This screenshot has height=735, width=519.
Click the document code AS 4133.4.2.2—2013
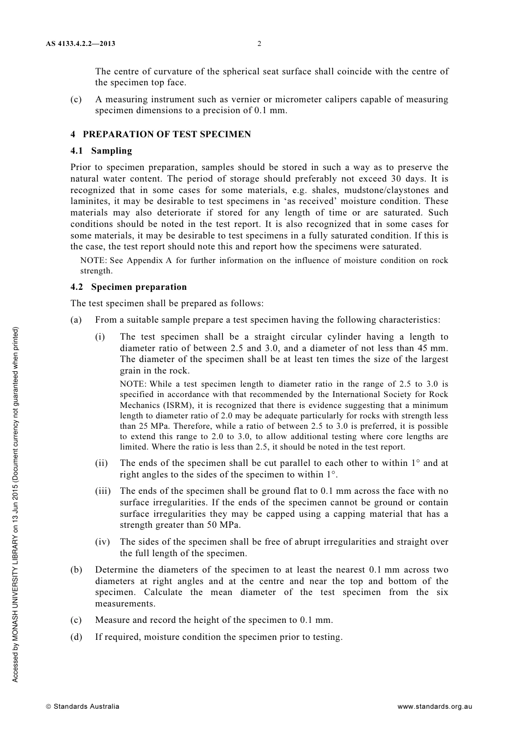coord(80,44)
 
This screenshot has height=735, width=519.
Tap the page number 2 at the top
coord(259,44)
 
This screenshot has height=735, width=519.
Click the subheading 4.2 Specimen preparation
coord(128,287)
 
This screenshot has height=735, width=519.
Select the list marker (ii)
coord(101,463)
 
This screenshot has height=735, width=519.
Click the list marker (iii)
coord(103,491)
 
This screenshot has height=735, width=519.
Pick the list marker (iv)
coord(102,542)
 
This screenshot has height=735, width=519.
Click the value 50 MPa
coord(223,525)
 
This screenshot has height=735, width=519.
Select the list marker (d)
coord(76,637)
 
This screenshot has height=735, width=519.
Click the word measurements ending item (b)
coord(125,604)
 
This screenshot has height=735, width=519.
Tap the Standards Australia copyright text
coord(82,706)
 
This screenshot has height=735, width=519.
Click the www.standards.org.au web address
coord(434,706)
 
